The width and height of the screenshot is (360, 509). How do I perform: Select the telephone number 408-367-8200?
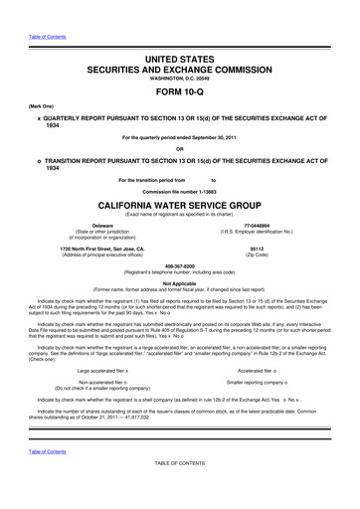(180, 266)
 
